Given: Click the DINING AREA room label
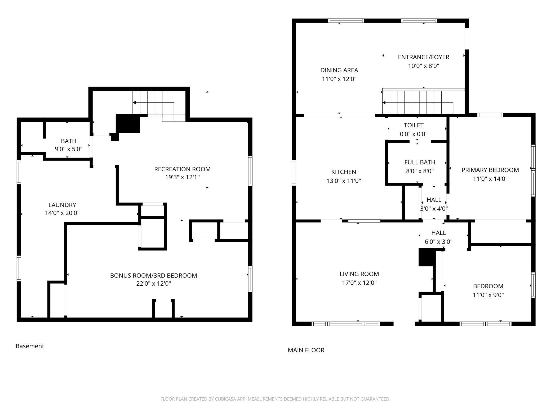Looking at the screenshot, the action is point(339,70).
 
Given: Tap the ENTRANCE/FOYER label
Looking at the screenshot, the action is point(424,57).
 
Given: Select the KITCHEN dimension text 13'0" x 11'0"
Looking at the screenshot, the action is point(344,181).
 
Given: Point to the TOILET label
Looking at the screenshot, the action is point(414,125).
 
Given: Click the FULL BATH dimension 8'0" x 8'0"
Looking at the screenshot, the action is point(420,171).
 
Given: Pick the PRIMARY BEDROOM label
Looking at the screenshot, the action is point(490,170).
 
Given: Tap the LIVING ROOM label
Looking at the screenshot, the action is point(359,274).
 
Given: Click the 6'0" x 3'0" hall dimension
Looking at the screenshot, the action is point(438,242).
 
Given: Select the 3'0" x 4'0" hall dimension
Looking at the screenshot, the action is point(434,209).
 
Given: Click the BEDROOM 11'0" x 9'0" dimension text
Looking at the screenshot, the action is point(488,295).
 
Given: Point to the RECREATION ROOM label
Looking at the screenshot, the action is point(182,169).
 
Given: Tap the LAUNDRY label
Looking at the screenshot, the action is point(62,205).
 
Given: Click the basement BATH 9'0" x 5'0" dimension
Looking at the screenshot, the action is point(69,149).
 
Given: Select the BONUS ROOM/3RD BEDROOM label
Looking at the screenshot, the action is point(153,276).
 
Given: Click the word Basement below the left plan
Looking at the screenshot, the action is point(30,346).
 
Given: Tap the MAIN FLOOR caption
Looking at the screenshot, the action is point(306,350).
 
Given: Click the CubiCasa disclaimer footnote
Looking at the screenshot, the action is point(275,399).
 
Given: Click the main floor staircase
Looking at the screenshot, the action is point(423,102).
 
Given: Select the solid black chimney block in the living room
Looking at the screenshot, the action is point(427,257).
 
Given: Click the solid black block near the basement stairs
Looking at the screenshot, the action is point(128,124).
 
